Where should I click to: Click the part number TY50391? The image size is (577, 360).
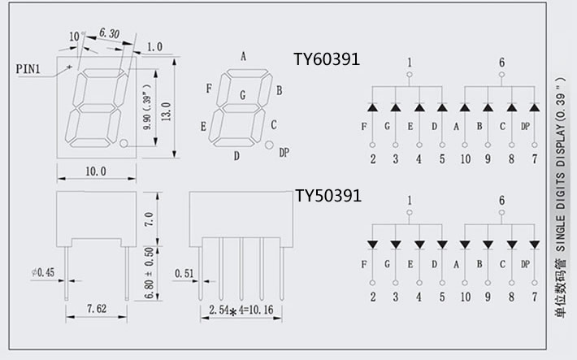tap(328, 196)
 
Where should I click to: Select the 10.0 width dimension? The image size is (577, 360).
tap(95, 171)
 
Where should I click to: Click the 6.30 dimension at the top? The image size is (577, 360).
tap(109, 33)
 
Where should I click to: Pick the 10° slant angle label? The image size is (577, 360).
tap(76, 37)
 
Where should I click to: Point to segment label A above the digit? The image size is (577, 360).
tap(243, 56)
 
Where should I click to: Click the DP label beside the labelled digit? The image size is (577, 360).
tap(284, 152)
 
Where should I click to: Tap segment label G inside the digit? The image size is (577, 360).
tap(242, 95)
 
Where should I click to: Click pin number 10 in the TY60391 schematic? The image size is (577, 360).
tap(464, 159)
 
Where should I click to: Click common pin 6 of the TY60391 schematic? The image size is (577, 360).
tap(501, 62)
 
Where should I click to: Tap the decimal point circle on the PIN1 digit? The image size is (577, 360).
tap(124, 144)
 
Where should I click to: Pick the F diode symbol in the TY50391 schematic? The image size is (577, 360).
tap(372, 243)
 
